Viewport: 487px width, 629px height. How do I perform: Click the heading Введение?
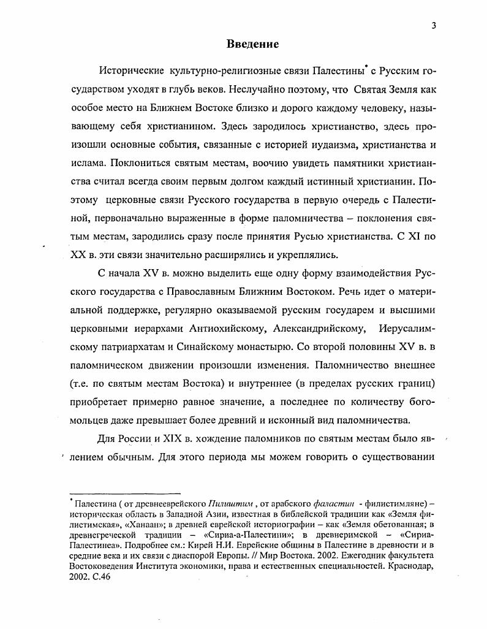[x=252, y=44]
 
